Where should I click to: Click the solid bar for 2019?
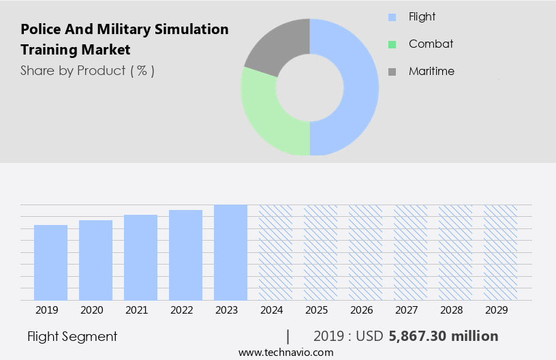[50, 262]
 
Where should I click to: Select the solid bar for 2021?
[140, 258]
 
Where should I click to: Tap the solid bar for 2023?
[230, 252]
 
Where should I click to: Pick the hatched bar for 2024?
[275, 252]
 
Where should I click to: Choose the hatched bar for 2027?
[410, 252]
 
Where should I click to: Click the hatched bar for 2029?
[500, 252]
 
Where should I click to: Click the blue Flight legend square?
[391, 17]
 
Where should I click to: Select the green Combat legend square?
[391, 44]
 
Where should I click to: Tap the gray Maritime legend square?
[391, 72]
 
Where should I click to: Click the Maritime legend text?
[431, 71]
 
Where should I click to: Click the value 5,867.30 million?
[443, 336]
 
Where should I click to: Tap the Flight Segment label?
[72, 336]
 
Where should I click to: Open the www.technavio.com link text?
[286, 352]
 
